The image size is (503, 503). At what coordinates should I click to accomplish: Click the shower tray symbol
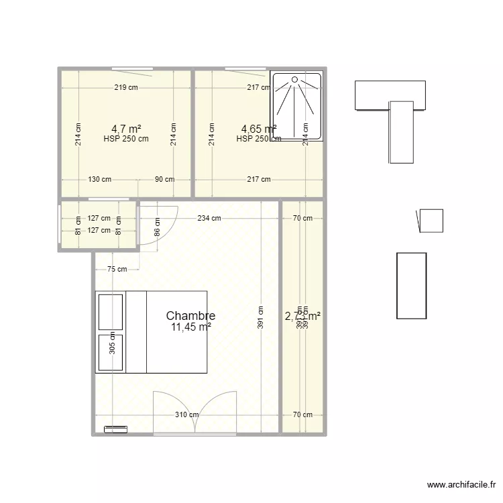[296, 107]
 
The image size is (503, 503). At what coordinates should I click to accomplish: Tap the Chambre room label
[190, 315]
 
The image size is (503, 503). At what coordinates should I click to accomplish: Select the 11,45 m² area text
[191, 327]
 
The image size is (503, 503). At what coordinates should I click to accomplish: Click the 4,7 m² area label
[126, 128]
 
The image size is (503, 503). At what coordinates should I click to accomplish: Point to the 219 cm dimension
[126, 87]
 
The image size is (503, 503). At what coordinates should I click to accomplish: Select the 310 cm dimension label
[187, 414]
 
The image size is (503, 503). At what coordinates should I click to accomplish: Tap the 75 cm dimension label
[117, 269]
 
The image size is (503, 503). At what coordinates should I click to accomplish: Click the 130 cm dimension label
[99, 179]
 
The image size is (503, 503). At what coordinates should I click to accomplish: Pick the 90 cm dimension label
[164, 179]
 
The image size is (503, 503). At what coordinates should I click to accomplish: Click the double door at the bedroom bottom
[196, 412]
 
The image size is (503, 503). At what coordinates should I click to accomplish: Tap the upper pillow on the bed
[111, 311]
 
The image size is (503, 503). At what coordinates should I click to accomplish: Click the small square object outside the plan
[431, 221]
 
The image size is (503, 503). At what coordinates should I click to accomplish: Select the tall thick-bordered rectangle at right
[411, 286]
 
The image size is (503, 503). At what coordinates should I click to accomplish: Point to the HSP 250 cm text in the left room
[126, 139]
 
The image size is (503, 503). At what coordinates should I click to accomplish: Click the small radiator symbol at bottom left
[115, 427]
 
